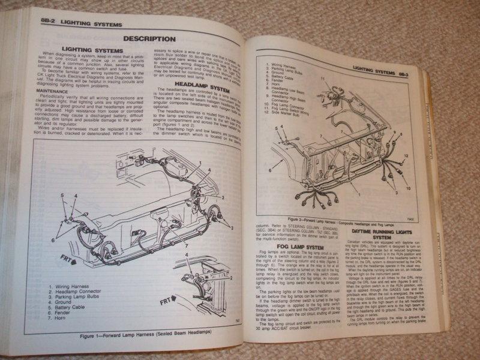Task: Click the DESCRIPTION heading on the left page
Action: (149, 39)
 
